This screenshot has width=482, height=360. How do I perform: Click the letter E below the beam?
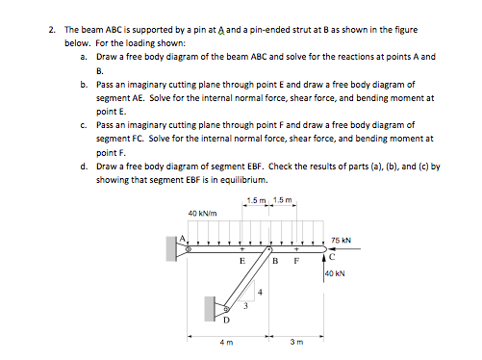coord(242,261)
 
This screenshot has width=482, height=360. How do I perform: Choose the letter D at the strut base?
coord(227,320)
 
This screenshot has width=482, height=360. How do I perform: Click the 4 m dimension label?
coord(224,342)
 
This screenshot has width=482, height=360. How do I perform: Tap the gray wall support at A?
coord(171,247)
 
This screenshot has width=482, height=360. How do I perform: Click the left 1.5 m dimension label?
coord(255,199)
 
